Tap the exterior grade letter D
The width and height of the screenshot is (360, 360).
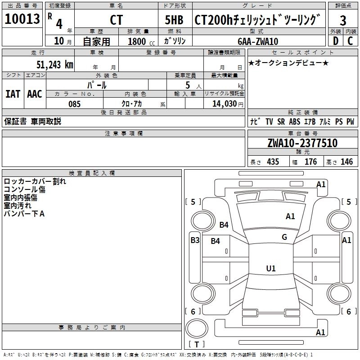coord(335,40)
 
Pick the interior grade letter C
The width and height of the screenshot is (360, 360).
coord(350,40)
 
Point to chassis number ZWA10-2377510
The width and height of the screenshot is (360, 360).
coord(302,144)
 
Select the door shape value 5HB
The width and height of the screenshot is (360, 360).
coord(174,20)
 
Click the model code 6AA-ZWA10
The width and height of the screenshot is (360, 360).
coord(258,41)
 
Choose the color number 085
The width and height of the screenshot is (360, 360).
coord(74,104)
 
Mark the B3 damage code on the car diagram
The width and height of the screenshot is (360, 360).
coord(194,240)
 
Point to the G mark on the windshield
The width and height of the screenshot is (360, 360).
coord(284,237)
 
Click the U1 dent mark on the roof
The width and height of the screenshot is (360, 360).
coord(271,269)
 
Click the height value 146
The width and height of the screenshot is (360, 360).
coord(346,162)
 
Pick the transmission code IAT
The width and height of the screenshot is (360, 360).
coord(13,94)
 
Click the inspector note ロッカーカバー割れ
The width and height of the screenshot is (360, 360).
coord(35,181)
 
